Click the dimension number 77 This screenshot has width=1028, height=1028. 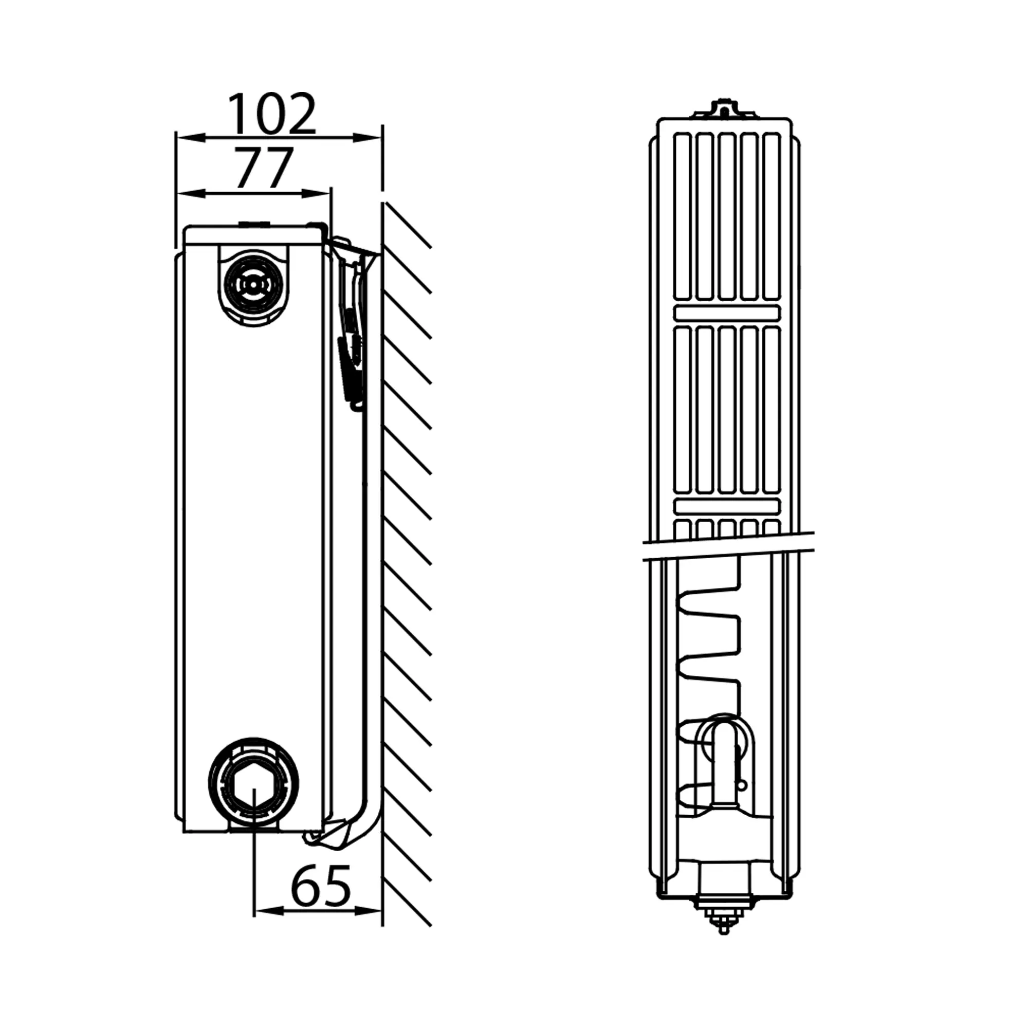click(264, 168)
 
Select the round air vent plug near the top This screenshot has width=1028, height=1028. click(253, 285)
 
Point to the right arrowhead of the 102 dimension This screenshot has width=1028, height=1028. click(368, 138)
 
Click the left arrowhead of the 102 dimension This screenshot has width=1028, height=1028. click(192, 138)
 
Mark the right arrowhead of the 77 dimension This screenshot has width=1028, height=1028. click(316, 194)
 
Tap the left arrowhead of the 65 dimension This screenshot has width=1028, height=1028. click(269, 911)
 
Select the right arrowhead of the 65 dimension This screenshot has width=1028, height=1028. click(368, 911)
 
